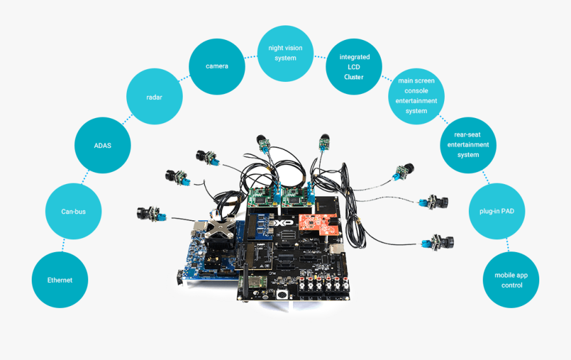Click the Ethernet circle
[60, 280]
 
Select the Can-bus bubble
[73, 211]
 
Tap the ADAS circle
[102, 145]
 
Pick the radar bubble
[155, 98]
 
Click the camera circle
[216, 66]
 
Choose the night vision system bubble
[285, 53]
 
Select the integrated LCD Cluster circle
[354, 67]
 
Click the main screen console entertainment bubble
[416, 96]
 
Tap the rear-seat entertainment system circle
[468, 145]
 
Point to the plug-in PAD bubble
[498, 211]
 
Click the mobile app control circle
[511, 280]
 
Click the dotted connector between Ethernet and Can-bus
[64, 245]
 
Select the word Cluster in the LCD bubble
[354, 77]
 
